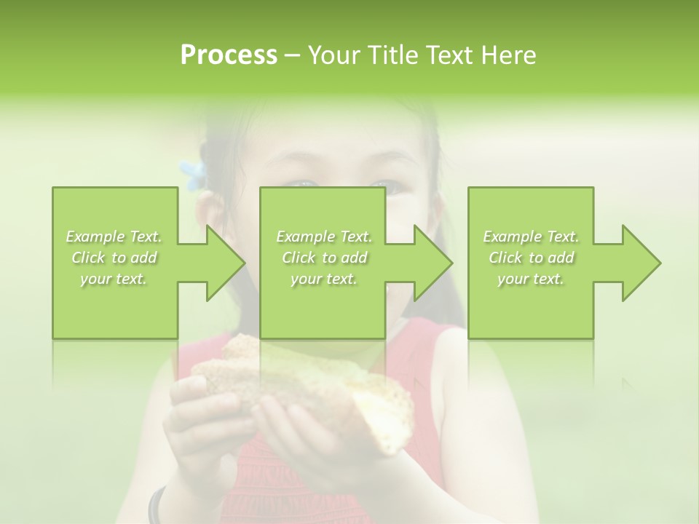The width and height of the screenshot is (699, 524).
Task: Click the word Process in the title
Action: coord(228,55)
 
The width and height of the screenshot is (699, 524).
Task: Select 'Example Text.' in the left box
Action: coord(114,237)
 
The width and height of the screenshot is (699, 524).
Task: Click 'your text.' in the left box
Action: coord(114,279)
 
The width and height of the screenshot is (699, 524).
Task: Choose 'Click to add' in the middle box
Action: coord(324,258)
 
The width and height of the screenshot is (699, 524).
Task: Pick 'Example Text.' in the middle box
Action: coord(324,237)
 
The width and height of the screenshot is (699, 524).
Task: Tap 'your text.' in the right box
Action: coord(530,279)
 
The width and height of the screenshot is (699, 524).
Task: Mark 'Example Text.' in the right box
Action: coord(531,237)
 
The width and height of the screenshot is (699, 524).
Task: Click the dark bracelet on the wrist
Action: coord(156,507)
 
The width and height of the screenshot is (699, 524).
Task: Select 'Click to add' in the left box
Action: coord(114,258)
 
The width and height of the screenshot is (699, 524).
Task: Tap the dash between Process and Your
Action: coord(292,55)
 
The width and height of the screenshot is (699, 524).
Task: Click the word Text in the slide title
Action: coord(448,55)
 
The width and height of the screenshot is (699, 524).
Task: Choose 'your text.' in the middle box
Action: coord(324,279)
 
